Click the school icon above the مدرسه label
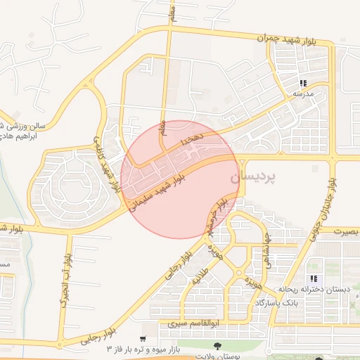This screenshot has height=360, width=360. tap(303, 82)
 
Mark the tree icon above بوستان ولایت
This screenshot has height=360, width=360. tap(217, 345)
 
